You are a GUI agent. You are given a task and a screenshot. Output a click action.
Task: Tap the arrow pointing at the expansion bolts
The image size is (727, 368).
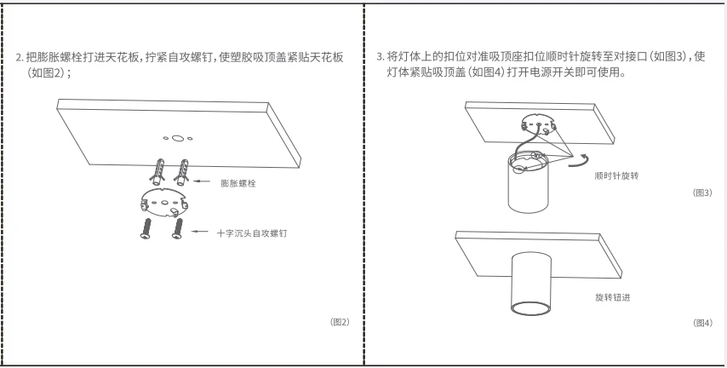tap(203, 181)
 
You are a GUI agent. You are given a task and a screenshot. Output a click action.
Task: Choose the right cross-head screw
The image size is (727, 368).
tap(178, 227)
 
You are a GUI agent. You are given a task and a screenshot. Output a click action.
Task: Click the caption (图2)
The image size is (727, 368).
tap(340, 322)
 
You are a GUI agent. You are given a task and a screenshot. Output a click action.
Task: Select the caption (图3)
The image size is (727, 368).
tap(702, 193)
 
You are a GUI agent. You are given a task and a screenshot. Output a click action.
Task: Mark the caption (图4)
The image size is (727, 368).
tap(702, 323)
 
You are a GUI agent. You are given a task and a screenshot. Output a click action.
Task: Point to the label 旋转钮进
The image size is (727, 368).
tap(612, 297)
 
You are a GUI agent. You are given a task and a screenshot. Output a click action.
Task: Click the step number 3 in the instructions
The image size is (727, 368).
tap(380, 57)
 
